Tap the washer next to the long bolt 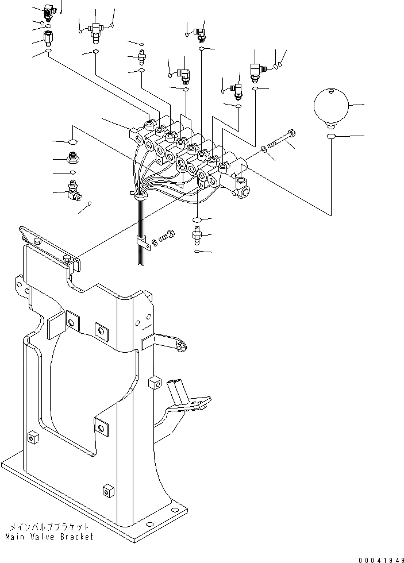264,149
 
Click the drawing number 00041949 379,558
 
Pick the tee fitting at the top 95,29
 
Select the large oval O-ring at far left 73,141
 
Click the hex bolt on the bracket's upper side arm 181,346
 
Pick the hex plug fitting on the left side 73,157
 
